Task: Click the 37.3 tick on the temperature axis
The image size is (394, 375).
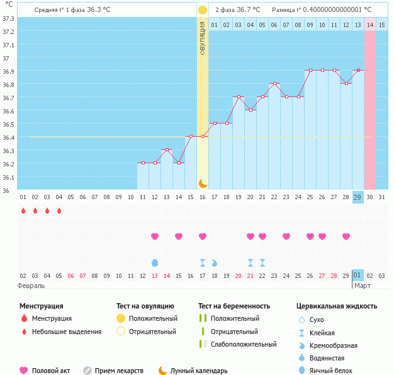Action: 8,18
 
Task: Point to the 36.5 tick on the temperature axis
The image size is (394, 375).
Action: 8,124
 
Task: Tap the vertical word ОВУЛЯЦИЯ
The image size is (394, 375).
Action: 203,38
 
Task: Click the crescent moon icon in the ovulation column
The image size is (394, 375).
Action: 203,183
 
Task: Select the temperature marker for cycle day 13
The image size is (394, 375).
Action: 166,149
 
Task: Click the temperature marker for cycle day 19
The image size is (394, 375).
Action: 238,97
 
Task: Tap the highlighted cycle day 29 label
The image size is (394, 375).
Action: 357,197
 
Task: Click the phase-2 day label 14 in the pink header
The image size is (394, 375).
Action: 370,25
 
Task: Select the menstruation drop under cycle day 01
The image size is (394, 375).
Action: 23,211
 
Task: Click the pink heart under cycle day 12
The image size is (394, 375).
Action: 155,236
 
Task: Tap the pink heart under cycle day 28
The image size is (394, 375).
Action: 346,236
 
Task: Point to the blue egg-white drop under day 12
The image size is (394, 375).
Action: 155,262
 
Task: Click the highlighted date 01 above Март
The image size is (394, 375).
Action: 357,275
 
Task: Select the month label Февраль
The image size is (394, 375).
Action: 31,286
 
